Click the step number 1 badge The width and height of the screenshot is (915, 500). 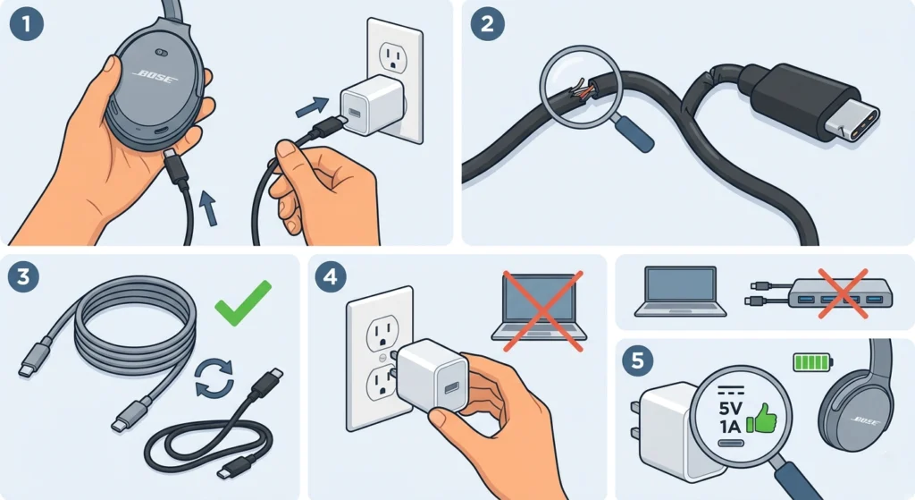point(27,23)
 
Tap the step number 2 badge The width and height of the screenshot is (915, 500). point(487,23)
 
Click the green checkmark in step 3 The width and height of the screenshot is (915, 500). point(244,303)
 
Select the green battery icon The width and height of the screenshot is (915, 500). point(812,362)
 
